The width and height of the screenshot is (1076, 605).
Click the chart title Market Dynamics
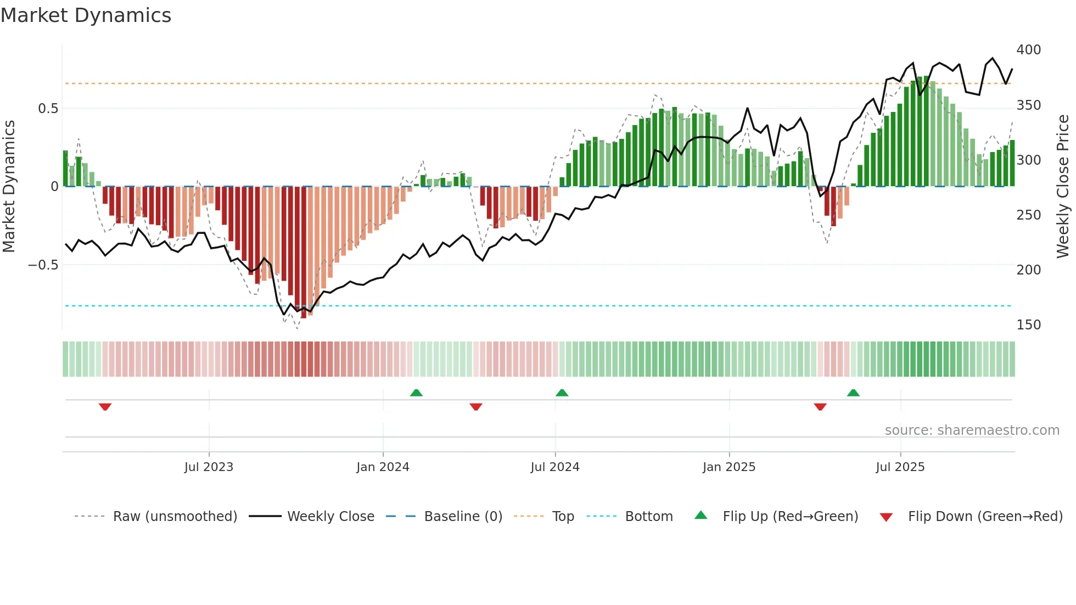[x=86, y=15]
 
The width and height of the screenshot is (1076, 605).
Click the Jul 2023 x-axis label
[x=209, y=467]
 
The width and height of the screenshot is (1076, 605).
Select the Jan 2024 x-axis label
[x=383, y=467]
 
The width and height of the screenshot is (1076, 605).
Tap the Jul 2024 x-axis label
[x=554, y=467]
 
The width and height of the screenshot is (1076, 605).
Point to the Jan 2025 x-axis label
[x=728, y=467]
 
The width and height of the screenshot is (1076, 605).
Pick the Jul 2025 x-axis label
[x=900, y=467]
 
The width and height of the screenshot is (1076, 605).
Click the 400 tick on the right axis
[x=1028, y=50]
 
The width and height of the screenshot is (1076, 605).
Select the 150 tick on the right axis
[x=1028, y=325]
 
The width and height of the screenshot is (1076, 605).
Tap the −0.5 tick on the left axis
[x=43, y=265]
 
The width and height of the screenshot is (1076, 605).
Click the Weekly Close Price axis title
[x=1063, y=187]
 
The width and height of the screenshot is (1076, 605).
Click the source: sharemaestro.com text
[x=972, y=430]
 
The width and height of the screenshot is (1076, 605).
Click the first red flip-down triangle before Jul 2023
[x=105, y=407]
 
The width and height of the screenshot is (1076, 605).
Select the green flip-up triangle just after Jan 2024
[x=416, y=393]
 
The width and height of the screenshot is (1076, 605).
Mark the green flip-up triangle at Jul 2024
[x=562, y=393]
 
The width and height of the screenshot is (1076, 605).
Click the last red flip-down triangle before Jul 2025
[x=820, y=407]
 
